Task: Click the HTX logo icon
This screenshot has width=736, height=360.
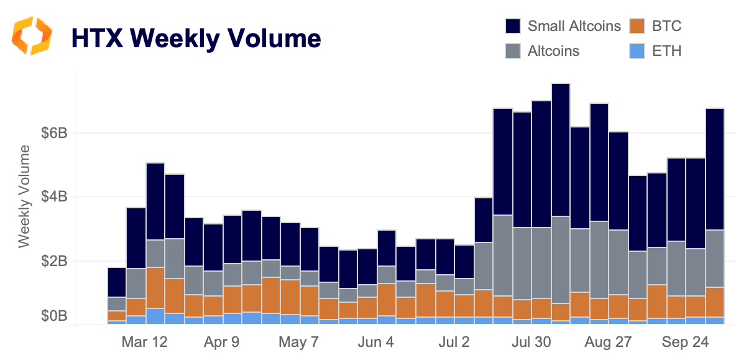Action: [32, 36]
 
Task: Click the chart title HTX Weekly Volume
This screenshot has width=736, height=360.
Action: [196, 38]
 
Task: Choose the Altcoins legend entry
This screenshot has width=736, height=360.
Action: [553, 51]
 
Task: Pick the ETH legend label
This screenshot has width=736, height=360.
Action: [666, 51]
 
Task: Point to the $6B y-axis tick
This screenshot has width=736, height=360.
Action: [53, 134]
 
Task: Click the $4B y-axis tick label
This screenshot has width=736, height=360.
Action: [53, 197]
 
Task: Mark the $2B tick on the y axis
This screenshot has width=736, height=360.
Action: [53, 261]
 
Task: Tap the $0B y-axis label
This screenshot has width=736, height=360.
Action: [53, 317]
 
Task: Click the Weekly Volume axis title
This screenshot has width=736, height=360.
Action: [24, 196]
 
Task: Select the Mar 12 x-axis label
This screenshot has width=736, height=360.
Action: [145, 343]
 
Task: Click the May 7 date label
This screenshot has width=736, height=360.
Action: [299, 343]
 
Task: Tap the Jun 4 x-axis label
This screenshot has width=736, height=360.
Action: [377, 343]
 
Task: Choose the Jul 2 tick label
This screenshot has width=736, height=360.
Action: [454, 343]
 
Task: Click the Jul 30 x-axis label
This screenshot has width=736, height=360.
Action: [532, 343]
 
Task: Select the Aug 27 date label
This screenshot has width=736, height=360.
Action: [608, 343]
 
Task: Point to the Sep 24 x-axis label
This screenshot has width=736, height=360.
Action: [685, 343]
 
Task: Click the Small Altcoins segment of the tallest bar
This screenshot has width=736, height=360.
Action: [561, 149]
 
